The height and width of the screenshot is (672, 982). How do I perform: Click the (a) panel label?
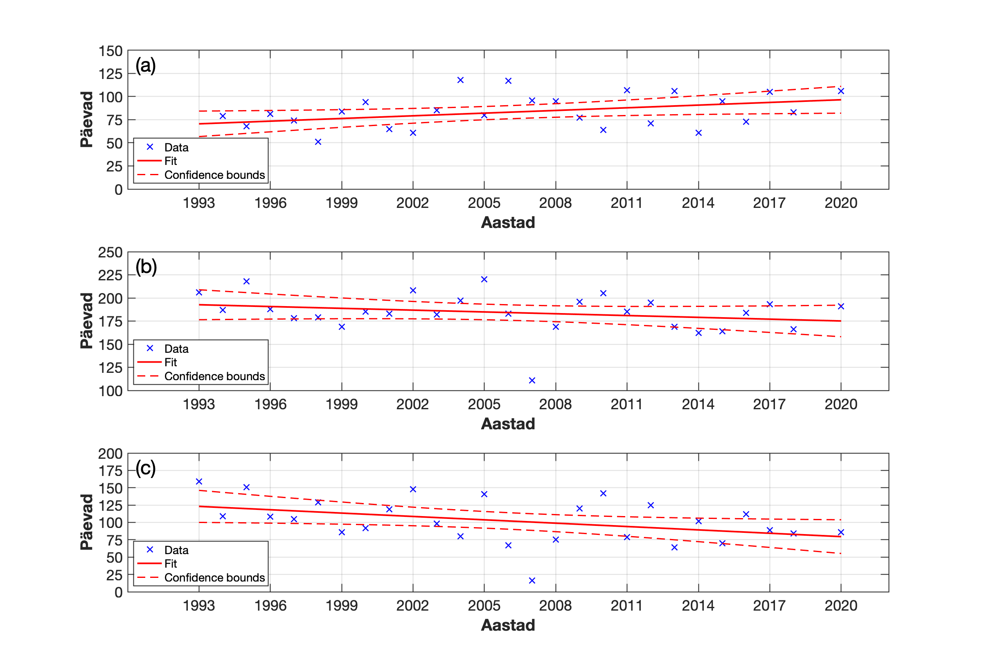pyautogui.click(x=145, y=66)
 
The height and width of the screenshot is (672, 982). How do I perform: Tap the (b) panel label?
pyautogui.click(x=146, y=267)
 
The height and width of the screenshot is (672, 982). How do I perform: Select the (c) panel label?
pyautogui.click(x=145, y=468)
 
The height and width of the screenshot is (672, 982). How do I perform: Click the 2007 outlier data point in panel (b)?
pyautogui.click(x=532, y=380)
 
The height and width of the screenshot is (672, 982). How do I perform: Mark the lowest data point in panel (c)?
pyautogui.click(x=532, y=581)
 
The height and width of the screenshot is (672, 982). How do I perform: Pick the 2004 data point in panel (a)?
pyautogui.click(x=461, y=80)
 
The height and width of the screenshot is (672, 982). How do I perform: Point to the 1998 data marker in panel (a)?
pyautogui.click(x=318, y=142)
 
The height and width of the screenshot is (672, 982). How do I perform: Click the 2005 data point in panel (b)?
pyautogui.click(x=484, y=280)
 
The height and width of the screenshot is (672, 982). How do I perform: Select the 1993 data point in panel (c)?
pyautogui.click(x=199, y=481)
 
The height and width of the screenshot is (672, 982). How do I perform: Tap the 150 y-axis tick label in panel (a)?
pyautogui.click(x=110, y=51)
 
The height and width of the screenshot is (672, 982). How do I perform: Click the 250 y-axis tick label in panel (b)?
pyautogui.click(x=110, y=253)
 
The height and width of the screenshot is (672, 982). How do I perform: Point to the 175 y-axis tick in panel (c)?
pyautogui.click(x=110, y=471)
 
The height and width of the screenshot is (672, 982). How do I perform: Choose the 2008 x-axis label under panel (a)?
pyautogui.click(x=555, y=203)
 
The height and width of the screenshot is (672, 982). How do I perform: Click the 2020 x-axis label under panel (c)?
pyautogui.click(x=841, y=606)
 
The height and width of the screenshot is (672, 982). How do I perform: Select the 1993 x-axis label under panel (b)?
pyautogui.click(x=198, y=404)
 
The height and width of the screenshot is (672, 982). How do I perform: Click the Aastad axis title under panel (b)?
pyautogui.click(x=508, y=424)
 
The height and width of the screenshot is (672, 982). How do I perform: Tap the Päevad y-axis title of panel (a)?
pyautogui.click(x=87, y=120)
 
